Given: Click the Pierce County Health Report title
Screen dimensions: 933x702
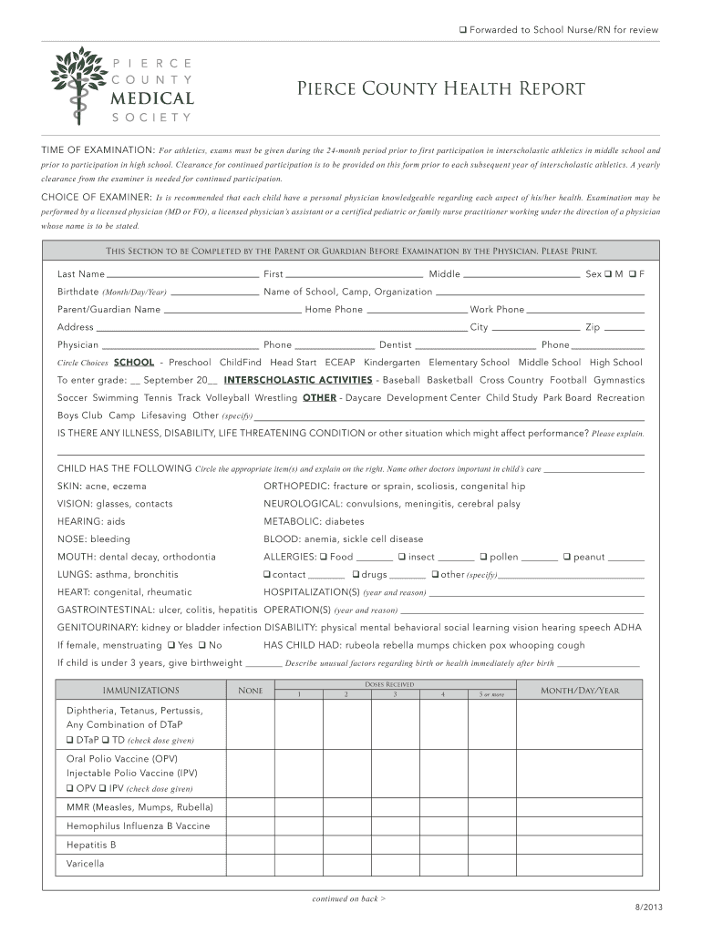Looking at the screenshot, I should tap(440, 89).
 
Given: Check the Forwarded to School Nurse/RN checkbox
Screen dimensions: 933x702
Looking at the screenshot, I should tap(463, 31).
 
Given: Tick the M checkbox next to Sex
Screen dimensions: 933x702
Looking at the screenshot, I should tap(608, 274).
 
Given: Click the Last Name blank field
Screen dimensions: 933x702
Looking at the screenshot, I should tap(182, 274).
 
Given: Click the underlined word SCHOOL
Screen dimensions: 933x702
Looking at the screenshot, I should tap(133, 363).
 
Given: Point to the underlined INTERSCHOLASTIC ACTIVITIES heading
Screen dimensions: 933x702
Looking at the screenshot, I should tap(298, 380).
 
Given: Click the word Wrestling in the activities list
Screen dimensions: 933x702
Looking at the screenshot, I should tap(275, 398).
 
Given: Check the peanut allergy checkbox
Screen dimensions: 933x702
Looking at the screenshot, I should tap(567, 557).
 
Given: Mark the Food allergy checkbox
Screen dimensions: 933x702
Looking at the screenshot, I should tap(324, 557).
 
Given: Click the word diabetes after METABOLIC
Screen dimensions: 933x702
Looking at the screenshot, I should tap(344, 522).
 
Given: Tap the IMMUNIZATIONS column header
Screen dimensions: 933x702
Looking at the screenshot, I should tap(140, 691).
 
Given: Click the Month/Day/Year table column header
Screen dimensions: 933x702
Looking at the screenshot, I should tap(580, 691).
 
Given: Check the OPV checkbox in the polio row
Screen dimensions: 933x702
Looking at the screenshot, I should tap(70, 788).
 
